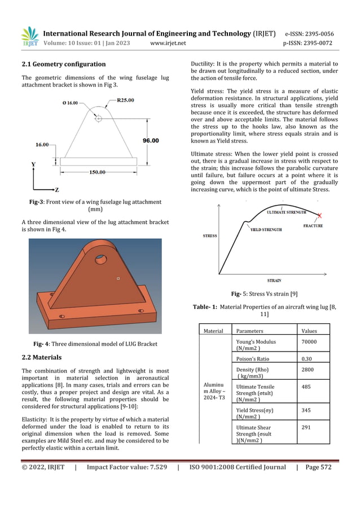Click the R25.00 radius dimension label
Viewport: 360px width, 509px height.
click(x=125, y=100)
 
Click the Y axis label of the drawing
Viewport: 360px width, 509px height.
click(x=33, y=164)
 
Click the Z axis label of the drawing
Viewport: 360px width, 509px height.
click(x=56, y=190)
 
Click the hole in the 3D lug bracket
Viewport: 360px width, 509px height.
click(x=101, y=259)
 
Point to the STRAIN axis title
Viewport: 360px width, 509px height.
click(x=274, y=280)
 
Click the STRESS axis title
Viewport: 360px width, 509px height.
click(x=210, y=236)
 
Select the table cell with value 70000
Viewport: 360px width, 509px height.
click(x=309, y=342)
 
